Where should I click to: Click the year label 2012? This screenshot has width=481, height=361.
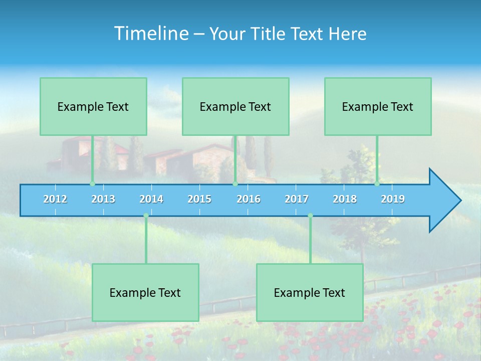55,199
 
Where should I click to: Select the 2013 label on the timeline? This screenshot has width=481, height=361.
103,199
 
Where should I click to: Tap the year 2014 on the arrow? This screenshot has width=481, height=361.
151,199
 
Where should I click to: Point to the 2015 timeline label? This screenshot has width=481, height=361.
199,199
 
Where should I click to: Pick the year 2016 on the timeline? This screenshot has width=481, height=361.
249,199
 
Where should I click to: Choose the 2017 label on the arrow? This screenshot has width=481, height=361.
297,199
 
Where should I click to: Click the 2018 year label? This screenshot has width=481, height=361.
345,199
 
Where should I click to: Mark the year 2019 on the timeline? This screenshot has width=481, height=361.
393,199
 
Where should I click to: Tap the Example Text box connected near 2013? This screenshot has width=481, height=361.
93,106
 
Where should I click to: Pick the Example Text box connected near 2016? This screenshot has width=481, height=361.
235,106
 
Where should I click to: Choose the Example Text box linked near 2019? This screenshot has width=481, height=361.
378,106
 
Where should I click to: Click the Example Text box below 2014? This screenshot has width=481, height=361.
145,292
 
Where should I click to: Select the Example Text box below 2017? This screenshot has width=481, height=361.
310,292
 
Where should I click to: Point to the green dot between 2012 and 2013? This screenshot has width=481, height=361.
92,184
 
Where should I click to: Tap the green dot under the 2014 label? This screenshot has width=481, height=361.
146,216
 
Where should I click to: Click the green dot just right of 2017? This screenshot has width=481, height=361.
310,216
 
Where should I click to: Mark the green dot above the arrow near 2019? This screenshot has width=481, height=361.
377,184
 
